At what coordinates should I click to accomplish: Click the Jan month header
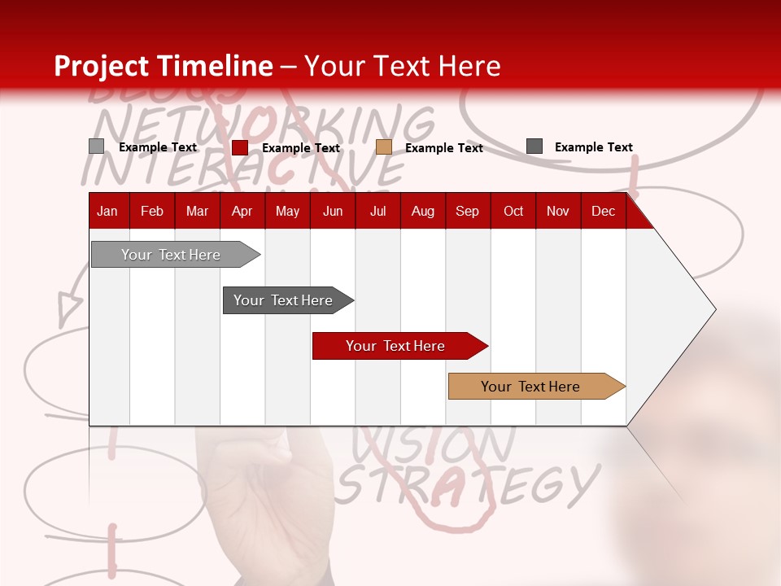pos(107,212)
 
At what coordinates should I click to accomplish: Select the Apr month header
pos(242,212)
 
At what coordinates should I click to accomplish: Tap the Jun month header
pos(333,212)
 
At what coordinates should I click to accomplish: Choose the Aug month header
pos(422,212)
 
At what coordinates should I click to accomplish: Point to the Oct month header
pos(513,212)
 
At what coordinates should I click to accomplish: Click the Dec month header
pos(603,212)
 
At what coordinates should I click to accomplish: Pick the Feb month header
pos(152,212)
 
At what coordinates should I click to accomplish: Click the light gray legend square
pos(97,146)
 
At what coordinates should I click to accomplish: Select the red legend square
pos(240,147)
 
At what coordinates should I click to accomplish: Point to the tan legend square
pos(384,147)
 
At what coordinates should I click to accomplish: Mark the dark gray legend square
pos(534,146)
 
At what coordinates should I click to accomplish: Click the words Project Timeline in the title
pos(164,66)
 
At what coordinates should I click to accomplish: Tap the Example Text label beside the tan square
pos(443,148)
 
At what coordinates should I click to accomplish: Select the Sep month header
pos(467,212)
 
